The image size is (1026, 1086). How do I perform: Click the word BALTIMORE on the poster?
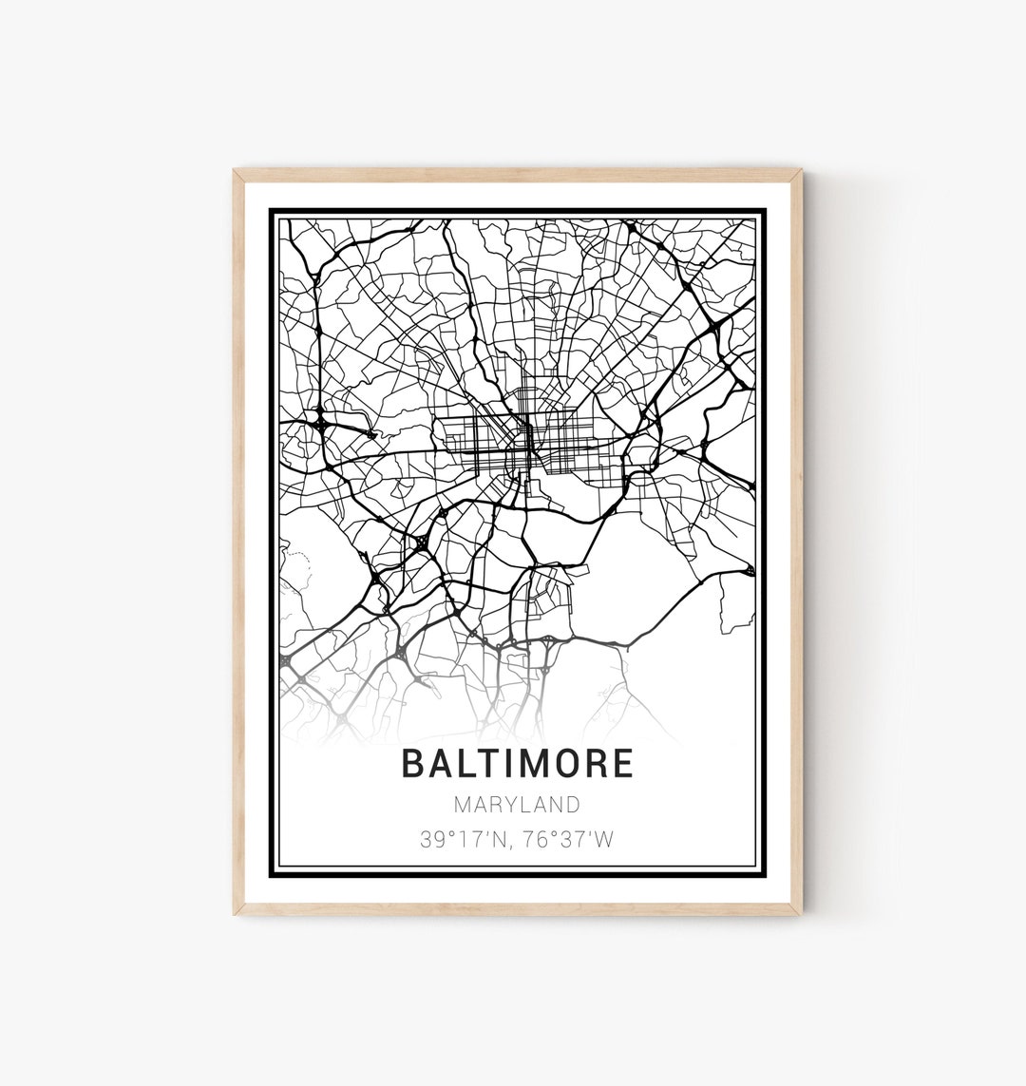coord(517,764)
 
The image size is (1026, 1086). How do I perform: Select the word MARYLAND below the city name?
coord(517,805)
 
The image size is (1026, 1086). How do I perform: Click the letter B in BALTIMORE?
coord(412,764)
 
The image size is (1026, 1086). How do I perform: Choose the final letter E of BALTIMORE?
coord(623,764)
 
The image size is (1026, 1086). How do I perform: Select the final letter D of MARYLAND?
coord(573,805)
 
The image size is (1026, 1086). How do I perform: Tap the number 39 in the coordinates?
coord(432,840)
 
